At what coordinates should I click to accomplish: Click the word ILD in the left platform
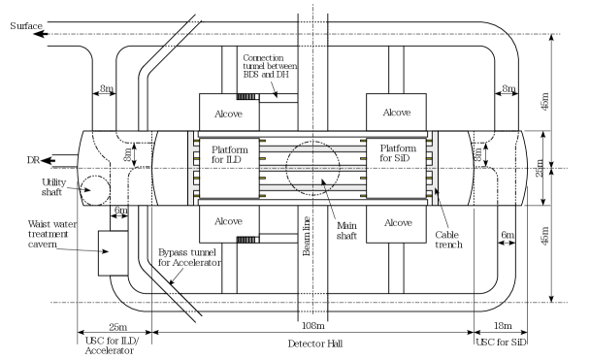234,159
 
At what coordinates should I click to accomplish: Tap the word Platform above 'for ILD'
229,149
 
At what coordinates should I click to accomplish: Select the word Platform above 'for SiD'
398,147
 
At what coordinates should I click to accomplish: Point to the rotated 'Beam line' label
308,236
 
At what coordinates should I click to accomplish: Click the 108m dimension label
312,326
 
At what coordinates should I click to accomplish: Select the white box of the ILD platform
229,180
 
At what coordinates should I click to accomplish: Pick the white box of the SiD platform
396,180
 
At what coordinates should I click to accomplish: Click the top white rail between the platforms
312,148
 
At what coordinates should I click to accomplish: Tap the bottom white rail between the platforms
312,187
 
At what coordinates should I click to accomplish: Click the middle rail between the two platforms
312,168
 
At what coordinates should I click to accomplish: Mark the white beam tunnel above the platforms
312,68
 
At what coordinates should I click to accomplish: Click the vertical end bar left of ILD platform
190,168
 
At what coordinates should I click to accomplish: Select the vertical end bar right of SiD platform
435,168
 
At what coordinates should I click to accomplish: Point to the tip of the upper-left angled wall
200,15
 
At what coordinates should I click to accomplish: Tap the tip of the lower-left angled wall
200,320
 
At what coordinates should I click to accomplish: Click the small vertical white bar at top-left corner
45,33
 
